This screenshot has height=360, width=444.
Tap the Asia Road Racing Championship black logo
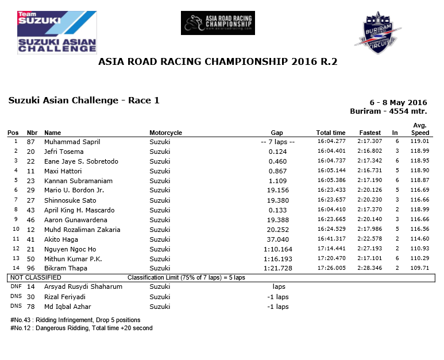click(218, 23)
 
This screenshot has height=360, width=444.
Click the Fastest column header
click(370, 133)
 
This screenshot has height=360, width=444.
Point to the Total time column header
click(331, 133)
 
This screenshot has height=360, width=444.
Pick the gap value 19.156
click(277, 191)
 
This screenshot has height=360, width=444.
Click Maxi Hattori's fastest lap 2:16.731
click(370, 171)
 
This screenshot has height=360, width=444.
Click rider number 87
click(31, 141)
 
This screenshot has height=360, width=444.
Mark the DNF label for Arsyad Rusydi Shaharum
click(16, 287)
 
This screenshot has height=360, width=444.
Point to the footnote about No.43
click(75, 320)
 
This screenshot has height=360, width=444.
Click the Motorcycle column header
click(165, 133)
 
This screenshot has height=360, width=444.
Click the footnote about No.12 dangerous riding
click(81, 328)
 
